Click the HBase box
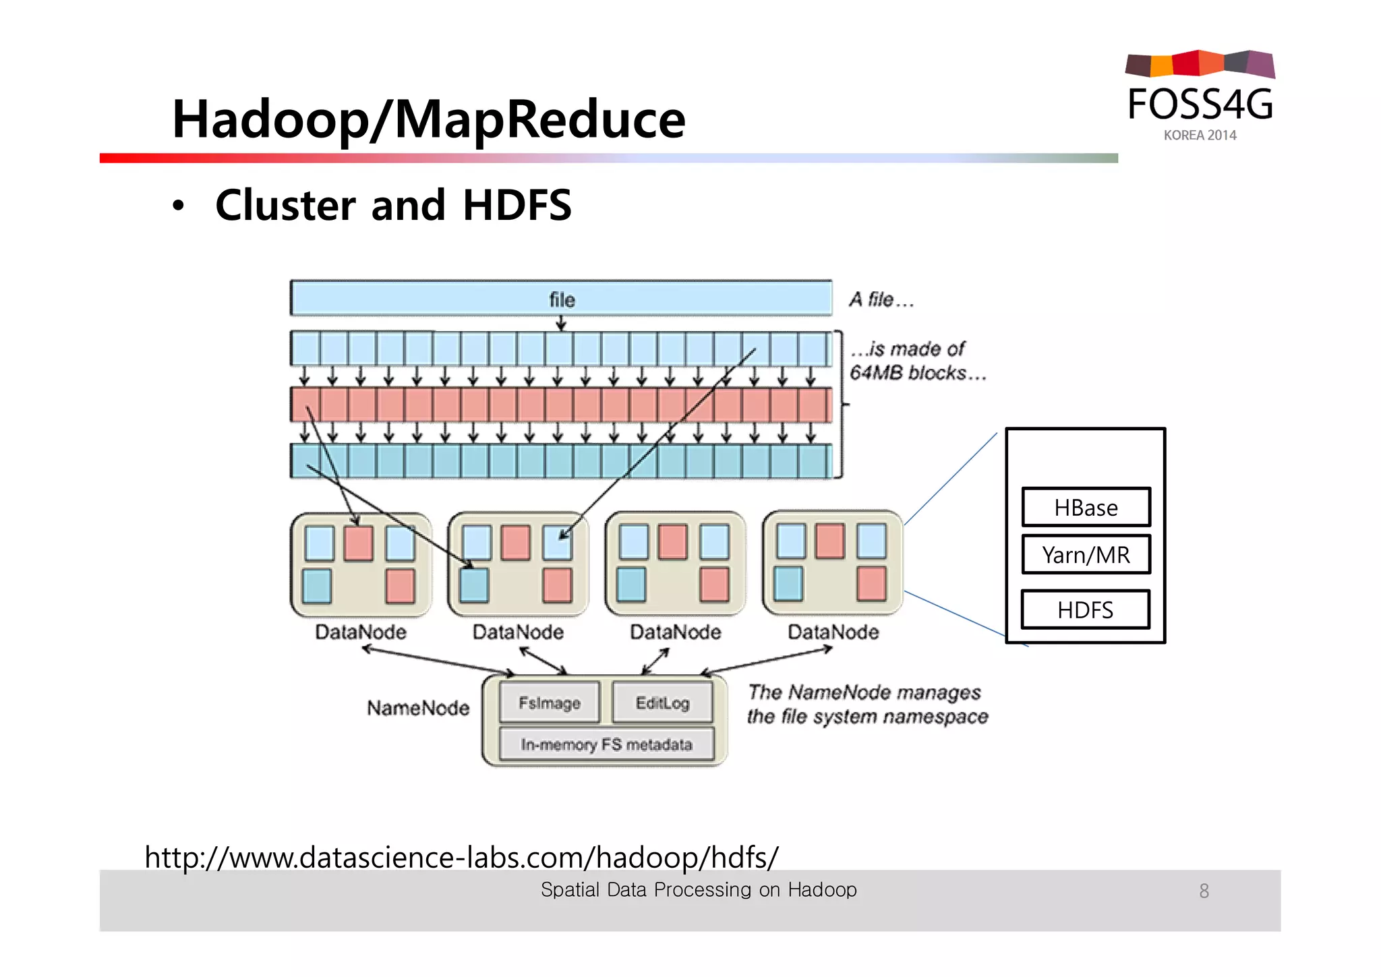[1086, 507]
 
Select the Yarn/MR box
[1086, 554]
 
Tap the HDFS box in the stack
[1085, 610]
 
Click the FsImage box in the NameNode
[549, 703]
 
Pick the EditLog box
[662, 703]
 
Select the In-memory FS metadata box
[606, 744]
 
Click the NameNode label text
[418, 708]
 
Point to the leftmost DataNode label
[361, 632]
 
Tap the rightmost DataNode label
[833, 632]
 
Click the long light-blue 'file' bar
[561, 299]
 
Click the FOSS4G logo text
[1200, 105]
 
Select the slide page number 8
[1204, 891]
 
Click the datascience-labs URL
[461, 857]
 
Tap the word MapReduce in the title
[539, 119]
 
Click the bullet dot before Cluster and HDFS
[177, 206]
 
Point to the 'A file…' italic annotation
[881, 299]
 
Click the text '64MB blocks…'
[917, 373]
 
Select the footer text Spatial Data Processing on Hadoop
[699, 890]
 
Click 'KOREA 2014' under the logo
[1200, 135]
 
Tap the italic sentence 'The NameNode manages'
[864, 692]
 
